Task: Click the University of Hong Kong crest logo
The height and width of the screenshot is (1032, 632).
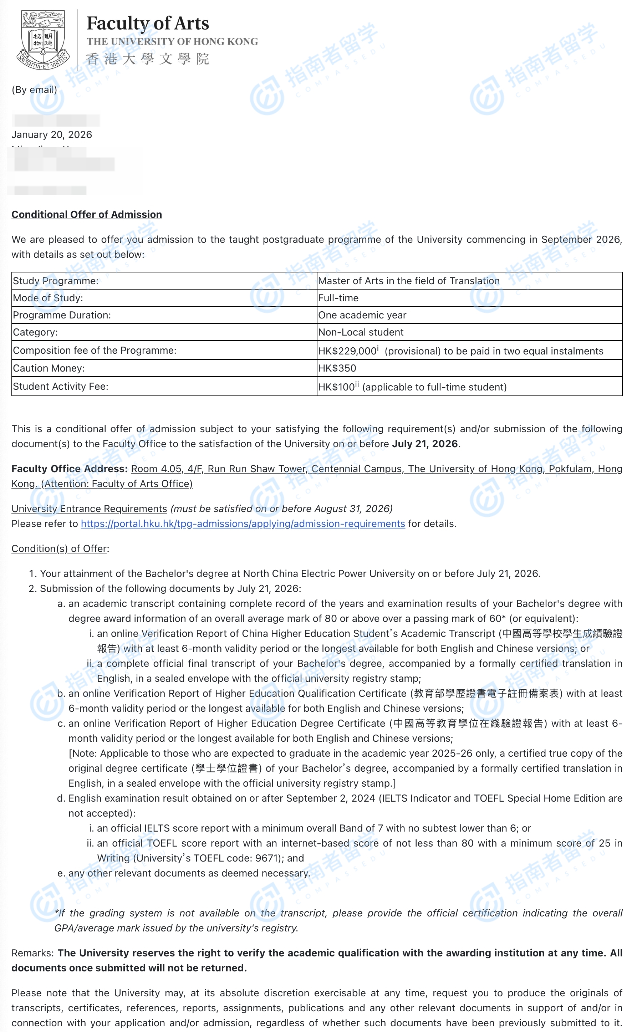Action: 43,40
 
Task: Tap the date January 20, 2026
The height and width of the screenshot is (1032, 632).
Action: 51,135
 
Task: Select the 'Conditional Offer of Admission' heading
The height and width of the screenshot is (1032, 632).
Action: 87,214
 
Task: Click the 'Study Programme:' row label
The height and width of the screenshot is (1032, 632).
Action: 56,281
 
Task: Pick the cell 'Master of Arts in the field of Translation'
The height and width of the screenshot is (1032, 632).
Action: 409,281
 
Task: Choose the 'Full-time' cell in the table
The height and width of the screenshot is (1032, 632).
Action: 338,298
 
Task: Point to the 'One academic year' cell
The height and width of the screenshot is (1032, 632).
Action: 362,315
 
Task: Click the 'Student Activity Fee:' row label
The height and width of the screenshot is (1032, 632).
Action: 61,387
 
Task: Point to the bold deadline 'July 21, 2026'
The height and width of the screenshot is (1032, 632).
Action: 425,444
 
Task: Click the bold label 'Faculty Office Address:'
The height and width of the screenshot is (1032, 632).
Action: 70,469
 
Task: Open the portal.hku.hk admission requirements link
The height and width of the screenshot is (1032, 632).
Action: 243,524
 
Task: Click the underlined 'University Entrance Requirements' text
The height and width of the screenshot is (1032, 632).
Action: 89,509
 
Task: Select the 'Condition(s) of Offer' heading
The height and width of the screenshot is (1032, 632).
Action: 59,549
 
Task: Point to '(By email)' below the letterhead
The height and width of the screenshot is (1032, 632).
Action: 34,90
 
